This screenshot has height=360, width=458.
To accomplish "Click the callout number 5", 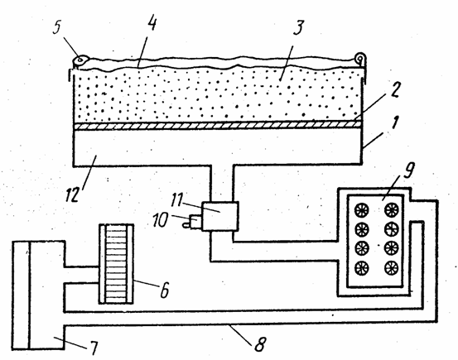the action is point(57,27).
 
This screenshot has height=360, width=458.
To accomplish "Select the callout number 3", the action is point(298,28).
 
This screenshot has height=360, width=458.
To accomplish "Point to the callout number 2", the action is point(394,90).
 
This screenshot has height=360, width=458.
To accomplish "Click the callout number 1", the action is point(395,122).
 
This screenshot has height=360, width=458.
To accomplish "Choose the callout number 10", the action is point(160,219).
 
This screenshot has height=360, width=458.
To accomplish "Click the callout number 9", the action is point(408,170).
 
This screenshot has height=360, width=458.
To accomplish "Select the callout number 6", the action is point(164,290).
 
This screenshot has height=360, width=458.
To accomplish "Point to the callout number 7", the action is point(94,348).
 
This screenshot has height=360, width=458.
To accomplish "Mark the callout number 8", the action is point(259,344).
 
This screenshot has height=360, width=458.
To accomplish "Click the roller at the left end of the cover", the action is point(80,60).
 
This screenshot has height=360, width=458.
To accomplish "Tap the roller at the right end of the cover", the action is point(360,58).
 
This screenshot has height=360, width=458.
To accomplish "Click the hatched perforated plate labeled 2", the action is point(218,125).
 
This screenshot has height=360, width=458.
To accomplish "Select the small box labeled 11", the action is point(220,216).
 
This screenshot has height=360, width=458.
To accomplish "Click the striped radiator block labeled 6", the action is point(117,264).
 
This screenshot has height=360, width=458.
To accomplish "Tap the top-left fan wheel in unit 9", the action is point(362,210).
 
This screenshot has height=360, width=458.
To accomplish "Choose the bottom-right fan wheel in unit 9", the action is point(392,268).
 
